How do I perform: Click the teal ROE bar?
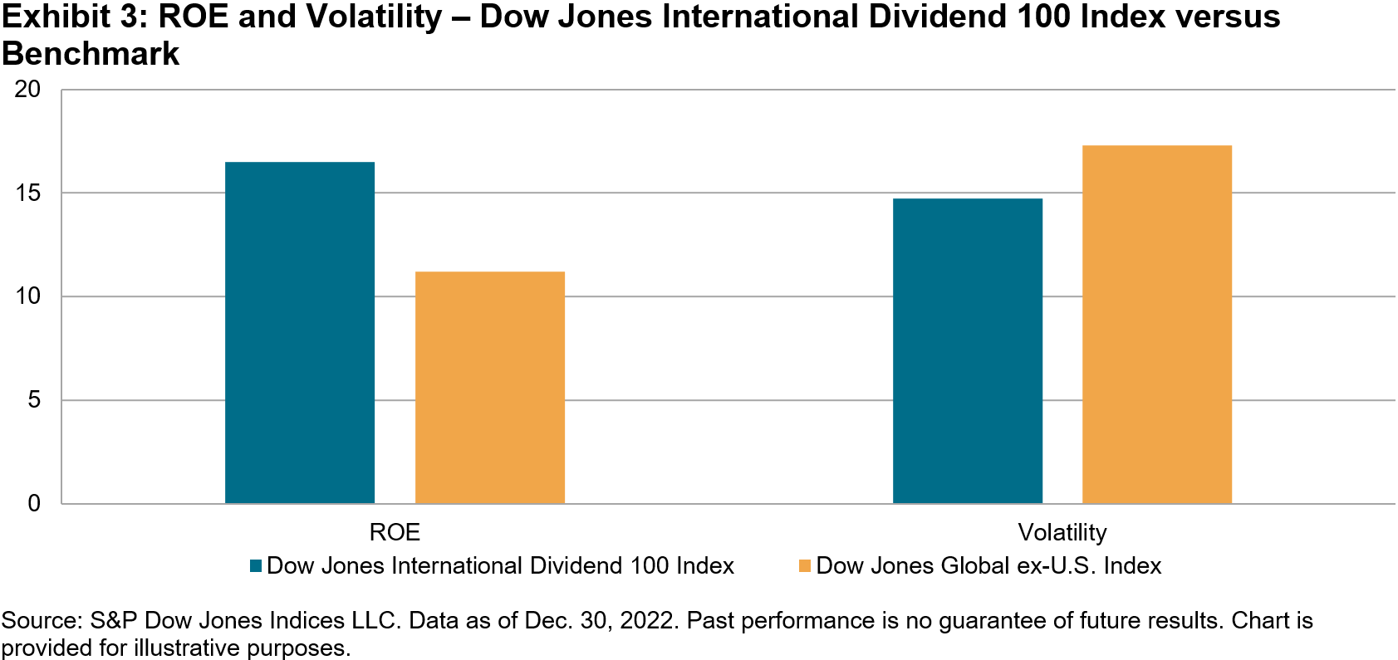tap(300, 332)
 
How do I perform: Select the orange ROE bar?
tap(490, 387)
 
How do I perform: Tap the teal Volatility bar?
tap(968, 350)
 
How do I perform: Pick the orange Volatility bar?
tap(1157, 324)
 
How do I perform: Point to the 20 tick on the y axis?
tap(27, 89)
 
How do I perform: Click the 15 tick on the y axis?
tap(27, 193)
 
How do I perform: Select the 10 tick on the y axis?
tap(27, 296)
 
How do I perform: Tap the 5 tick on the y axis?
tap(34, 400)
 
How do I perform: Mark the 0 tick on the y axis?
tap(34, 503)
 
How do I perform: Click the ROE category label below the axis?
tap(395, 532)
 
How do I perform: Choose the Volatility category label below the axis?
tap(1062, 532)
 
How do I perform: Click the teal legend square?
tap(256, 566)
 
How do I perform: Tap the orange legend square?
tap(804, 566)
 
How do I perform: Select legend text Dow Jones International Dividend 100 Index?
tap(500, 566)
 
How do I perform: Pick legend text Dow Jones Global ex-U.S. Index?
tap(988, 566)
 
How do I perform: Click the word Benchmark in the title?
tap(91, 54)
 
